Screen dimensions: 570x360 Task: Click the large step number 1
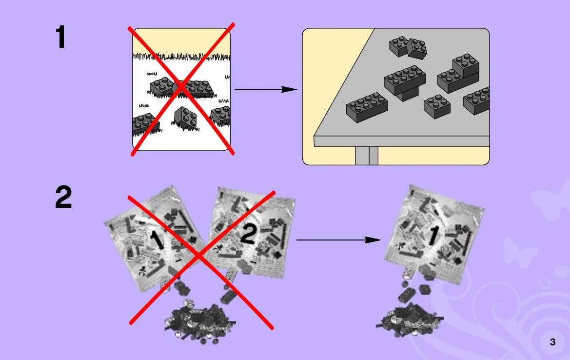click(x=61, y=37)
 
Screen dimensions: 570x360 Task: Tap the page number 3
click(x=552, y=342)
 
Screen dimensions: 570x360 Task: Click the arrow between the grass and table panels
click(x=266, y=89)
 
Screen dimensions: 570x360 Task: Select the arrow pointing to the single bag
click(x=338, y=240)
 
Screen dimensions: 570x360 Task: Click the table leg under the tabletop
click(x=367, y=155)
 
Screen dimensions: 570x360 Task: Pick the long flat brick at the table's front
click(x=367, y=107)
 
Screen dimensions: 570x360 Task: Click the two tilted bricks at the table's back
click(x=408, y=47)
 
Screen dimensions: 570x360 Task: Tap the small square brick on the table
click(x=437, y=106)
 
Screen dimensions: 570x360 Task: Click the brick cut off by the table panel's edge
click(x=476, y=100)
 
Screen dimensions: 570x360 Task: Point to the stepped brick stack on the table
click(x=458, y=74)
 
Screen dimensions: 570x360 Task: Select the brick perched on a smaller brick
click(x=405, y=82)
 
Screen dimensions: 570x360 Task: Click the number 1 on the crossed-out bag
click(x=157, y=240)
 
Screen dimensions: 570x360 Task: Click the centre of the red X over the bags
click(x=198, y=257)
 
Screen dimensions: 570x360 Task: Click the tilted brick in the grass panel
click(x=185, y=118)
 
